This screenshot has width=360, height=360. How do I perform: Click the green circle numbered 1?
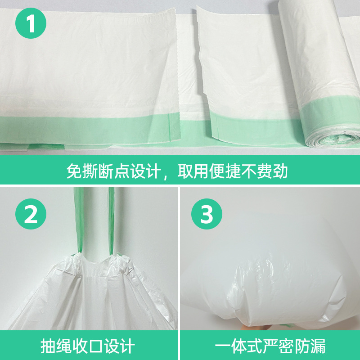pos(31,23)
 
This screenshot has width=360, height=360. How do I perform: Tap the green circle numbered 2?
pos(31,214)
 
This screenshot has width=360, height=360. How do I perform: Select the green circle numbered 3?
pos(207,214)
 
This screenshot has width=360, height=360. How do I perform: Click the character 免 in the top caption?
pos(74,171)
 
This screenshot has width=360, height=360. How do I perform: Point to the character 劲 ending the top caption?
pos(280,171)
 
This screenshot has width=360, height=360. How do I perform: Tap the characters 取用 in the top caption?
pos(193,171)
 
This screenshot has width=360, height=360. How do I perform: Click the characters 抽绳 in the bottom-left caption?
pos(56,346)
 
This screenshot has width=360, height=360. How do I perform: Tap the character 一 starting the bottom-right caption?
pos(222,346)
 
